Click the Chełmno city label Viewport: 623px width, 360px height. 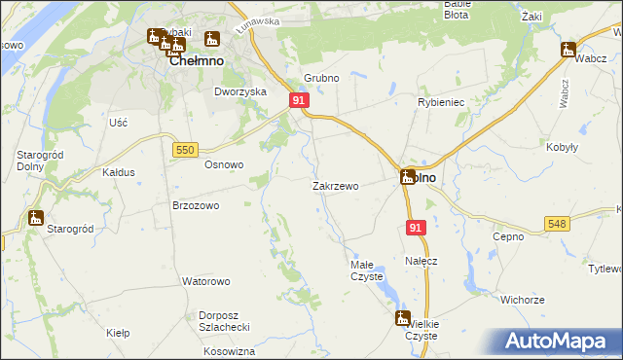tap(198, 60)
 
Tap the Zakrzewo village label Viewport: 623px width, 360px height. tap(336, 186)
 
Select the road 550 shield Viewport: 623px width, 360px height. tap(186, 149)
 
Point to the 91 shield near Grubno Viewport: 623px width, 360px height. tap(299, 100)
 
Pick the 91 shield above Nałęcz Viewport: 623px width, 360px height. tap(416, 227)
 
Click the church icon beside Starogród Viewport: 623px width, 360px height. tap(36, 217)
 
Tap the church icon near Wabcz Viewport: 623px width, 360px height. tap(568, 50)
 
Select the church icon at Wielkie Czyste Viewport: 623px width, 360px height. tap(403, 317)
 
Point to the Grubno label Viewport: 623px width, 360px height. tap(320, 77)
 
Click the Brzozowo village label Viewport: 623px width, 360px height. tap(196, 206)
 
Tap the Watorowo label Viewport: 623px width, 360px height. tap(205, 281)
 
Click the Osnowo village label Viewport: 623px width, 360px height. tap(223, 164)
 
